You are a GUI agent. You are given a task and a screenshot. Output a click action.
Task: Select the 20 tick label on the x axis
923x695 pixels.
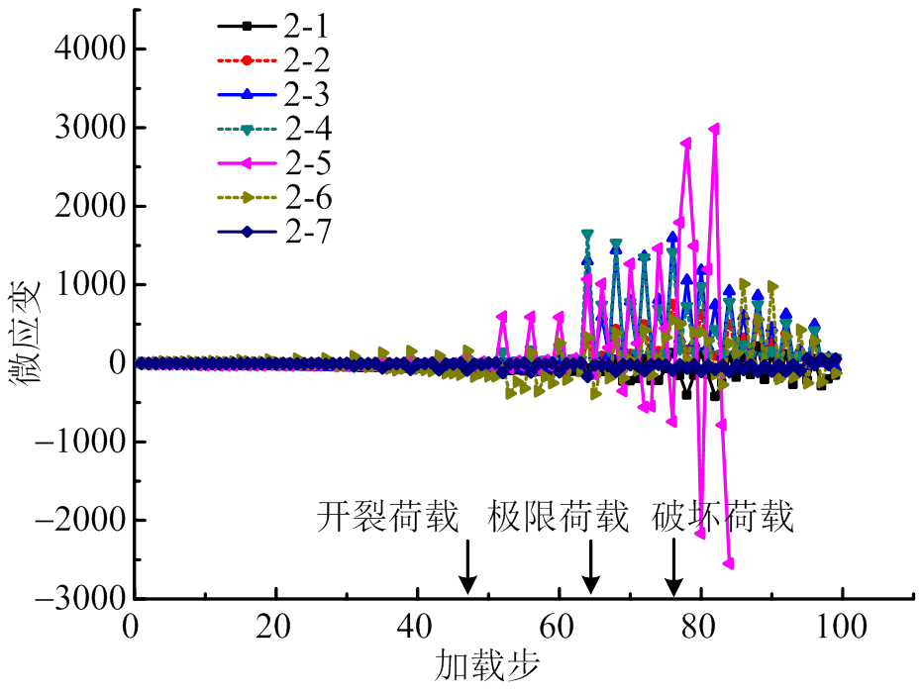[275, 627]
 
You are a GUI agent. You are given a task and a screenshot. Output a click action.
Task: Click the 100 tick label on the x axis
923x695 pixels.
[842, 627]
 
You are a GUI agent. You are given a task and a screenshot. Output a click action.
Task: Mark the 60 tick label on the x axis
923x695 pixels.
[559, 627]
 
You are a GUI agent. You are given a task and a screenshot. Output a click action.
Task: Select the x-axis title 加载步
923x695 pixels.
[486, 665]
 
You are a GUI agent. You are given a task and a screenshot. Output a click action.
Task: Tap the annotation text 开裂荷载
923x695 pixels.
[388, 517]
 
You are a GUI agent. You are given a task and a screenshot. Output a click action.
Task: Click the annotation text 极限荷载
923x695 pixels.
[559, 517]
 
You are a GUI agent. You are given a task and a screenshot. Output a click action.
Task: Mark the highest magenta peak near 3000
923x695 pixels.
[714, 128]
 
